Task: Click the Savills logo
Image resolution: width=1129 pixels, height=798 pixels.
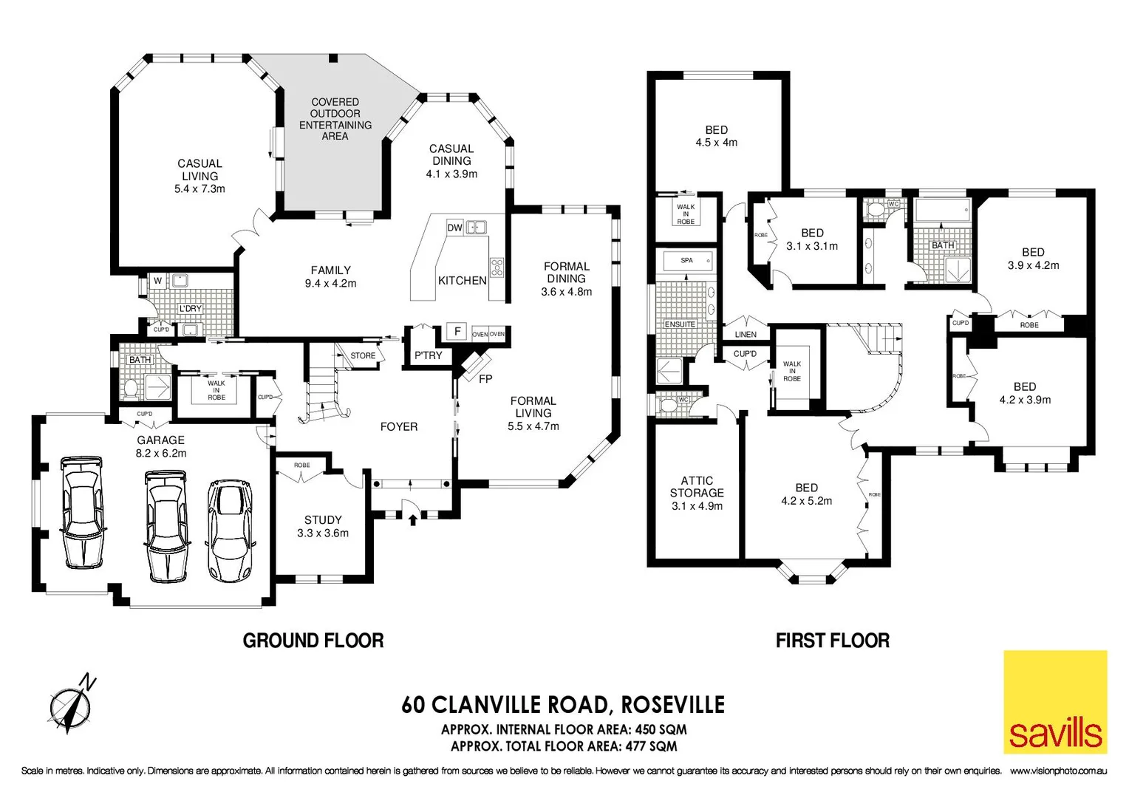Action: coord(1055,702)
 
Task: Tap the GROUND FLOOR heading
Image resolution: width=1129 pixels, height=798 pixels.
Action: coord(313,641)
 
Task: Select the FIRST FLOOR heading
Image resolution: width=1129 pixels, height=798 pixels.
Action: coord(832,641)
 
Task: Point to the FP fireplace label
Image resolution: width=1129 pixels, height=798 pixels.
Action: coord(485,379)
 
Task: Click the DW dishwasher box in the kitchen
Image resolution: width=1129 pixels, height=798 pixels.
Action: coord(454,228)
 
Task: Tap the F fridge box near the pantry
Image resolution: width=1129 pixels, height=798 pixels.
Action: coord(457,332)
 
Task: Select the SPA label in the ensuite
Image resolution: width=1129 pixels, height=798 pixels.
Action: coord(686,261)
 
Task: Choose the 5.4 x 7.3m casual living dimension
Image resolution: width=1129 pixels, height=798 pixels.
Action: coord(199,189)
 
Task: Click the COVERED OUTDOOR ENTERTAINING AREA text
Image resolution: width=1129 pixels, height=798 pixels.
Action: coord(335,119)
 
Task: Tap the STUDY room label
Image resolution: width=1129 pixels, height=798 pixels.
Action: coord(323,519)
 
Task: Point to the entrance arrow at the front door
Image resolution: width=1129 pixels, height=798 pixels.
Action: coord(412,519)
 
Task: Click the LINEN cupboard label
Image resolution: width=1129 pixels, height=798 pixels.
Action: coord(746,335)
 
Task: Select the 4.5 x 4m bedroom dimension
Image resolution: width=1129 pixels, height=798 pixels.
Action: coord(716,143)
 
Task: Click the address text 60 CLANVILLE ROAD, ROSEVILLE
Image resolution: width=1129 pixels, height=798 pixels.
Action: coord(563,705)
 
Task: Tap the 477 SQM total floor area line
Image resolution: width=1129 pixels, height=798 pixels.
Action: coord(564,746)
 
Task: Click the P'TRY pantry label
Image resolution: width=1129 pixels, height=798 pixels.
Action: coord(428,355)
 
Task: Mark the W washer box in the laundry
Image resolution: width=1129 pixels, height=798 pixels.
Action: coord(157,281)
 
